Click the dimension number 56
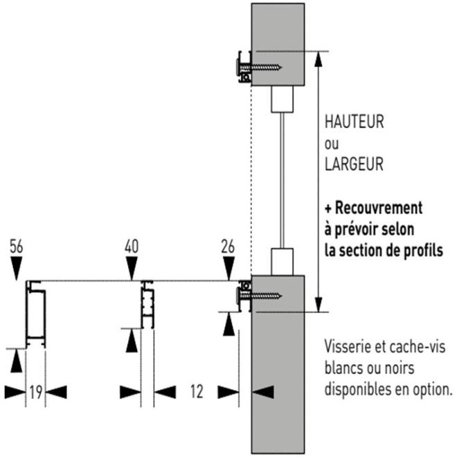17,245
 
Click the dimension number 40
132,245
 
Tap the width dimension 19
36,392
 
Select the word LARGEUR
354,166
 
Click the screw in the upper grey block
263,67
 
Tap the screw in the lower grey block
263,296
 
